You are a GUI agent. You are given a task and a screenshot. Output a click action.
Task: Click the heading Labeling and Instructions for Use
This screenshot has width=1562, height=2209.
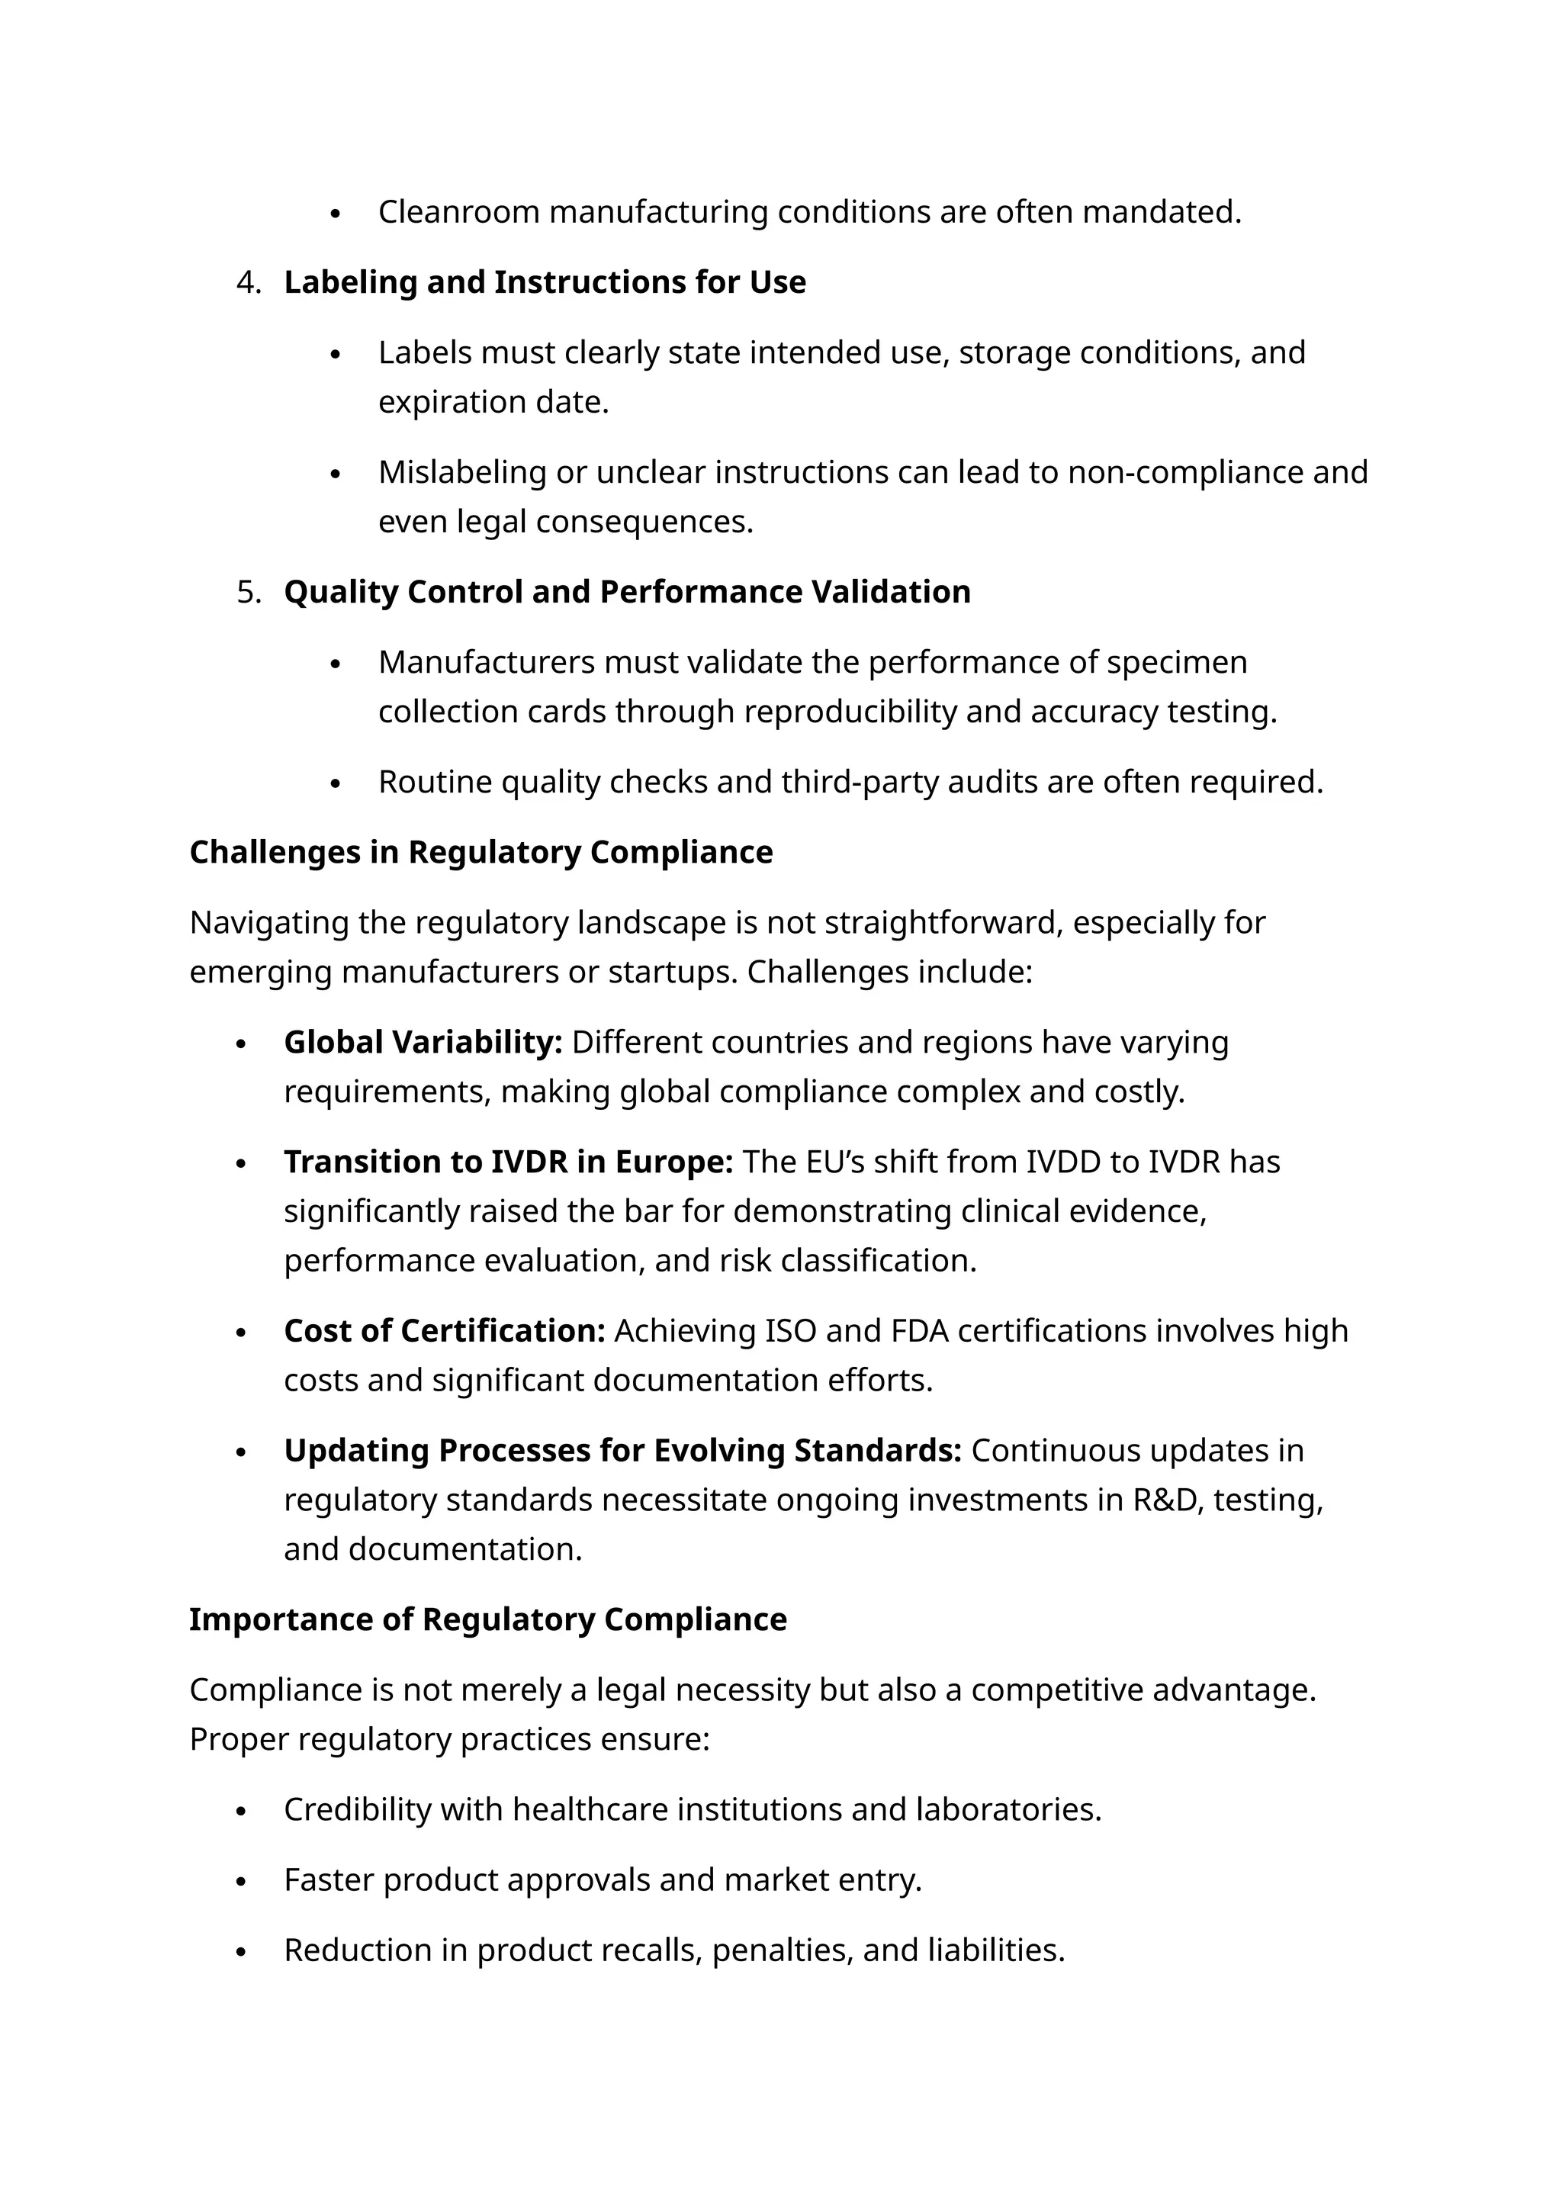tap(545, 283)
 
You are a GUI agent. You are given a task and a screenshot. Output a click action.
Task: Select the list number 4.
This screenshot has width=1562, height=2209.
tap(247, 283)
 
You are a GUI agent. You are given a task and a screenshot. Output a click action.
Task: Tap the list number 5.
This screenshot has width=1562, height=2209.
tap(247, 592)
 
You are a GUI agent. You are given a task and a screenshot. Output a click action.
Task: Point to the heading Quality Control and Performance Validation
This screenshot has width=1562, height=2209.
tap(627, 592)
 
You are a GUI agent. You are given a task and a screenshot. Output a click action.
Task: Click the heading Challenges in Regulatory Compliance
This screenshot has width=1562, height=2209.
tap(481, 853)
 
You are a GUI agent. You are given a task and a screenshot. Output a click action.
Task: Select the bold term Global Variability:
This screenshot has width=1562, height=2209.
tap(423, 1042)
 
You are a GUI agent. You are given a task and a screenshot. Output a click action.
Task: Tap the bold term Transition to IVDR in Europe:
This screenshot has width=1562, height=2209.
tap(508, 1162)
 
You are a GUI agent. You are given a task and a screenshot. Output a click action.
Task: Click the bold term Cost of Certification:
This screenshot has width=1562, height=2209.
tap(445, 1330)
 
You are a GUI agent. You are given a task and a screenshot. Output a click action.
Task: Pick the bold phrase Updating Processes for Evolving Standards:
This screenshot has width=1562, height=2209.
tap(622, 1450)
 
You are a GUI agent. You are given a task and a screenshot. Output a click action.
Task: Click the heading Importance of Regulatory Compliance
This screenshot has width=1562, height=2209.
tap(487, 1619)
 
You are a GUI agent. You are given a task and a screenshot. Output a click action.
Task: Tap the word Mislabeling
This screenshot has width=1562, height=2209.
tap(461, 472)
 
